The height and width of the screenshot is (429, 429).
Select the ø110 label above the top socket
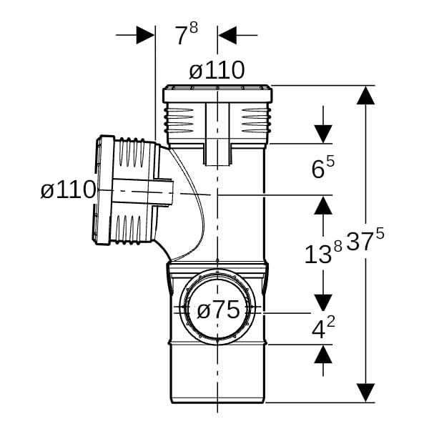[x=217, y=70]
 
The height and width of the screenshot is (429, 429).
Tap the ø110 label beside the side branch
[x=68, y=189]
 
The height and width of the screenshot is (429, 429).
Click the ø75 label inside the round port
[x=218, y=310]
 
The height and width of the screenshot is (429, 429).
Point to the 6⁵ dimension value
[x=323, y=167]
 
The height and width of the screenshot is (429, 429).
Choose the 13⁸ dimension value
[x=323, y=253]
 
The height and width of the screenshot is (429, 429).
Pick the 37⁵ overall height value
[x=365, y=240]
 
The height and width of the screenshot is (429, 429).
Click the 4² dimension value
[x=323, y=327]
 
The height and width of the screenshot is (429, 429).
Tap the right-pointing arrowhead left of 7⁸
[x=145, y=35]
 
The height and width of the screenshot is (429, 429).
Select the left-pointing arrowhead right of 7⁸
[x=227, y=35]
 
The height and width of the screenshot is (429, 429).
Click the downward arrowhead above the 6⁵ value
[x=323, y=134]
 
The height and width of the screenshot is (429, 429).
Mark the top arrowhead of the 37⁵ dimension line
[x=366, y=95]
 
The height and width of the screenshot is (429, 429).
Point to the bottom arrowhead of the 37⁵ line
[x=366, y=393]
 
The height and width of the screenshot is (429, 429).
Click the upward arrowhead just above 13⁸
[x=323, y=205]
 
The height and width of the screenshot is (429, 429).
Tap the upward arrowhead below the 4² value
[x=323, y=354]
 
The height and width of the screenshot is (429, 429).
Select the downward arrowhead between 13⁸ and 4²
[x=323, y=303]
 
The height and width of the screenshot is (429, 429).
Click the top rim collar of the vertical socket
[x=217, y=94]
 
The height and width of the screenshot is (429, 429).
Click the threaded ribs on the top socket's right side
[x=256, y=120]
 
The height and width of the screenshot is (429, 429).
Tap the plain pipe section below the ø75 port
[x=217, y=374]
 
